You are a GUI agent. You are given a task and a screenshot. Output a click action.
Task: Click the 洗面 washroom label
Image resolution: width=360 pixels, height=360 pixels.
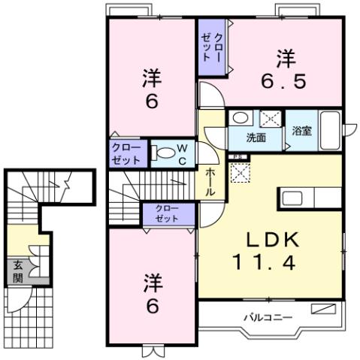click(x=256, y=138)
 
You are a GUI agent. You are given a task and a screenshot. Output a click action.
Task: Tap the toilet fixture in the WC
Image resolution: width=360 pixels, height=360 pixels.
click(x=166, y=154)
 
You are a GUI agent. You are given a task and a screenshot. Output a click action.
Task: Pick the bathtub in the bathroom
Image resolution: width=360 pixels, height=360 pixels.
click(x=330, y=132)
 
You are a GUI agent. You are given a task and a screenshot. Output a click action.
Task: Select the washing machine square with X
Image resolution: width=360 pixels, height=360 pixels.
click(x=268, y=118)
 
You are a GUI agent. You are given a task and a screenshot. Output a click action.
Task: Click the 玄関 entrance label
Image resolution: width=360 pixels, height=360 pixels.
click(x=17, y=271)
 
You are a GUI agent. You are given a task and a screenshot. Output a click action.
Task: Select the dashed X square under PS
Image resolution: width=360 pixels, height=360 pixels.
click(x=239, y=171)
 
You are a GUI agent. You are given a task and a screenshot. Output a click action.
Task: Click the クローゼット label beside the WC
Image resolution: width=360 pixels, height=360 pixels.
click(x=126, y=153)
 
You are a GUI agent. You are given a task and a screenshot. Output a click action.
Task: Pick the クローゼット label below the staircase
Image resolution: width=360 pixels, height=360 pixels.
click(x=167, y=213)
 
